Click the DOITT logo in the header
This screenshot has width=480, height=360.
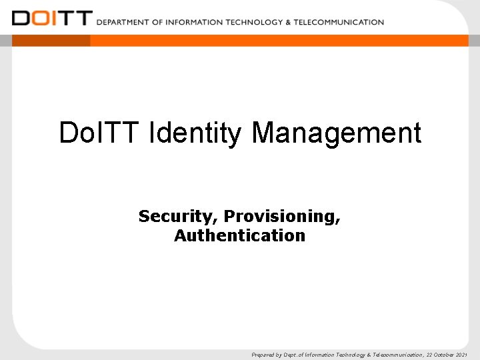(51, 18)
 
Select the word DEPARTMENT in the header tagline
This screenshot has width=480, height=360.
(123, 22)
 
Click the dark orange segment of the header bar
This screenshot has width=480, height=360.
(51, 41)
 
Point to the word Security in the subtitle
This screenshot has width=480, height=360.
(178, 217)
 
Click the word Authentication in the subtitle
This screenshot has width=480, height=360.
(240, 235)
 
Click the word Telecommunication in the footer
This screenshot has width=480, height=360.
(398, 355)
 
